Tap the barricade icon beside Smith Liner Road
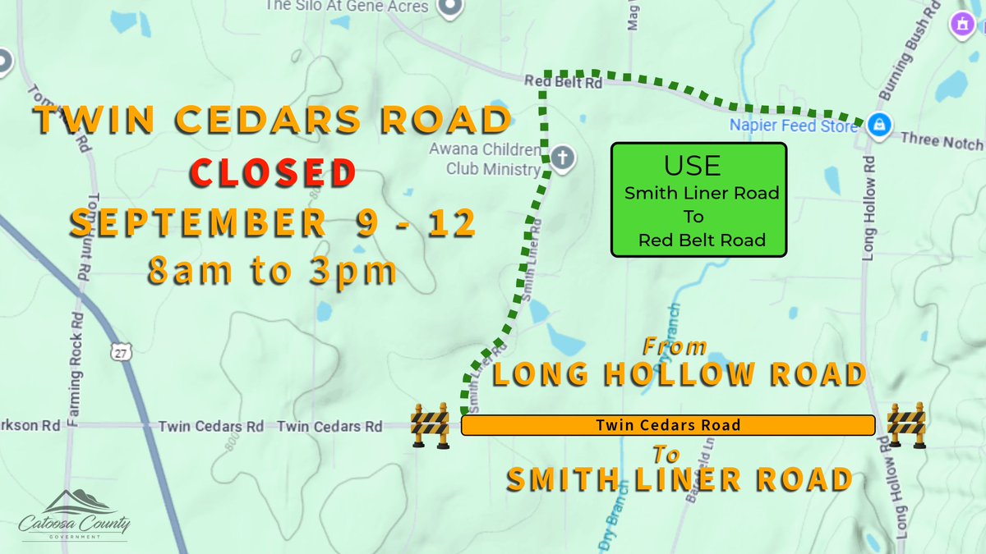tap(430, 425)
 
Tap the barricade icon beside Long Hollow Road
tap(906, 424)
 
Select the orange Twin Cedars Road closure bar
tap(667, 425)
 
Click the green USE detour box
tap(698, 199)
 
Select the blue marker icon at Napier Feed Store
tap(878, 125)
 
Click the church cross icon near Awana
tap(562, 157)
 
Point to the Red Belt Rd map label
tap(564, 82)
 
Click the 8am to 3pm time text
tap(272, 271)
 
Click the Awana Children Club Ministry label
tap(485, 159)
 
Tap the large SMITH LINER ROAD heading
tap(678, 479)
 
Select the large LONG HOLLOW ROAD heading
tap(679, 374)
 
